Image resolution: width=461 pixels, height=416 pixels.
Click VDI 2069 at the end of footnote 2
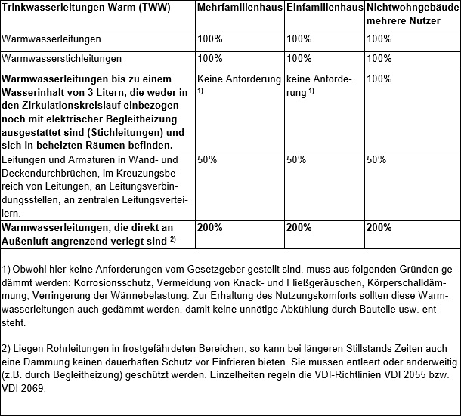pos(26,390)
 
